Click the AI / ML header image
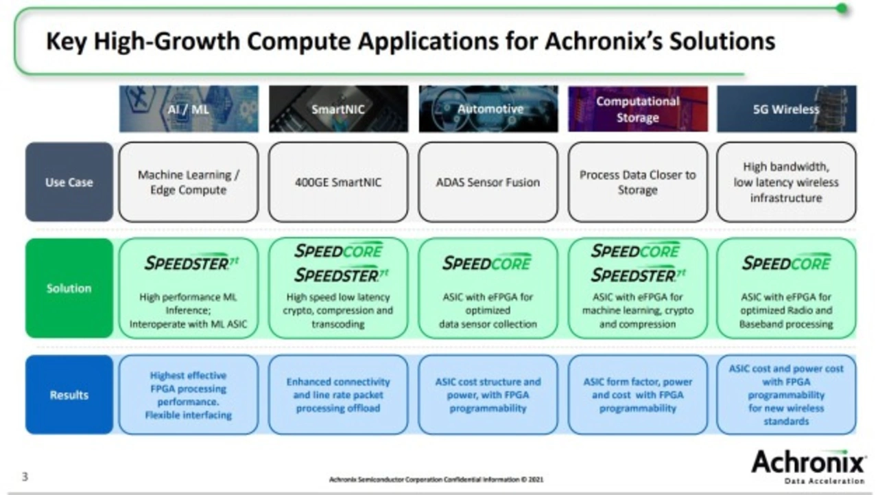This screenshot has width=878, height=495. click(189, 108)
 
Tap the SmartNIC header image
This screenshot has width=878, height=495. click(338, 108)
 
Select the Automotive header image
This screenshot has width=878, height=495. click(488, 108)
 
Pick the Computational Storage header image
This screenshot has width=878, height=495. click(638, 108)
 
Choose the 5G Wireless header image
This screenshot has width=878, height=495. click(787, 108)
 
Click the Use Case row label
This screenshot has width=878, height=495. click(69, 182)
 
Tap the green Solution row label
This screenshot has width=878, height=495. click(69, 288)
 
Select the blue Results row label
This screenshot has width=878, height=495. click(69, 395)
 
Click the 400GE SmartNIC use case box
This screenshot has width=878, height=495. click(338, 182)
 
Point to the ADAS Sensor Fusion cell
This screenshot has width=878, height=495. click(488, 182)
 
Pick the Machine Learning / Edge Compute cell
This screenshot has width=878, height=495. click(189, 182)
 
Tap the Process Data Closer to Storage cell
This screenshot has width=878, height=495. click(638, 182)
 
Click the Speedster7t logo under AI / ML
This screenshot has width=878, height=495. click(191, 263)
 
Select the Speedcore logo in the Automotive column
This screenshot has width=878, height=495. click(487, 262)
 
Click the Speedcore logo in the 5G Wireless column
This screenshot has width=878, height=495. click(786, 262)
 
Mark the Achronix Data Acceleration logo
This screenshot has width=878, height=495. click(808, 467)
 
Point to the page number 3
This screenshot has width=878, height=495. click(25, 476)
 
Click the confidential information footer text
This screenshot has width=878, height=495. click(436, 479)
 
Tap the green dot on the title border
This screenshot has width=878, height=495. click(842, 8)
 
